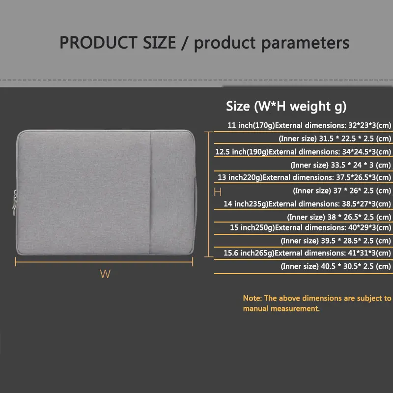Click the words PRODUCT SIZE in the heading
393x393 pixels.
tap(117, 43)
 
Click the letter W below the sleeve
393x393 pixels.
tap(105, 274)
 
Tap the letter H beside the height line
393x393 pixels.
tap(217, 191)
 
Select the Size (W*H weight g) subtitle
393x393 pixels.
tap(286, 106)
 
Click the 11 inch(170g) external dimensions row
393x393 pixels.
tap(309, 125)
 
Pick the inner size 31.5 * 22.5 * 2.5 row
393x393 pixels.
tap(335, 139)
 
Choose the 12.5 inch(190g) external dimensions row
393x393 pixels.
tap(303, 152)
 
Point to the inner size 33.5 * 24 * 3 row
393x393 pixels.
tap(340, 165)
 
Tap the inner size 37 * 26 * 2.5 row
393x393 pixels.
tap(342, 191)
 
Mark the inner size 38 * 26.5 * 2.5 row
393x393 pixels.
tap(339, 217)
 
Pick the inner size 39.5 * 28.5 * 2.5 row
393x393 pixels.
tap(336, 241)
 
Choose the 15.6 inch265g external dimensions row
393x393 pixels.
tap(307, 253)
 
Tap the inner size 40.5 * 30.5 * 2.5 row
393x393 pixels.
tap(336, 266)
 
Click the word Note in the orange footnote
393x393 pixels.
tap(252, 298)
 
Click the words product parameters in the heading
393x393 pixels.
tap(272, 43)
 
